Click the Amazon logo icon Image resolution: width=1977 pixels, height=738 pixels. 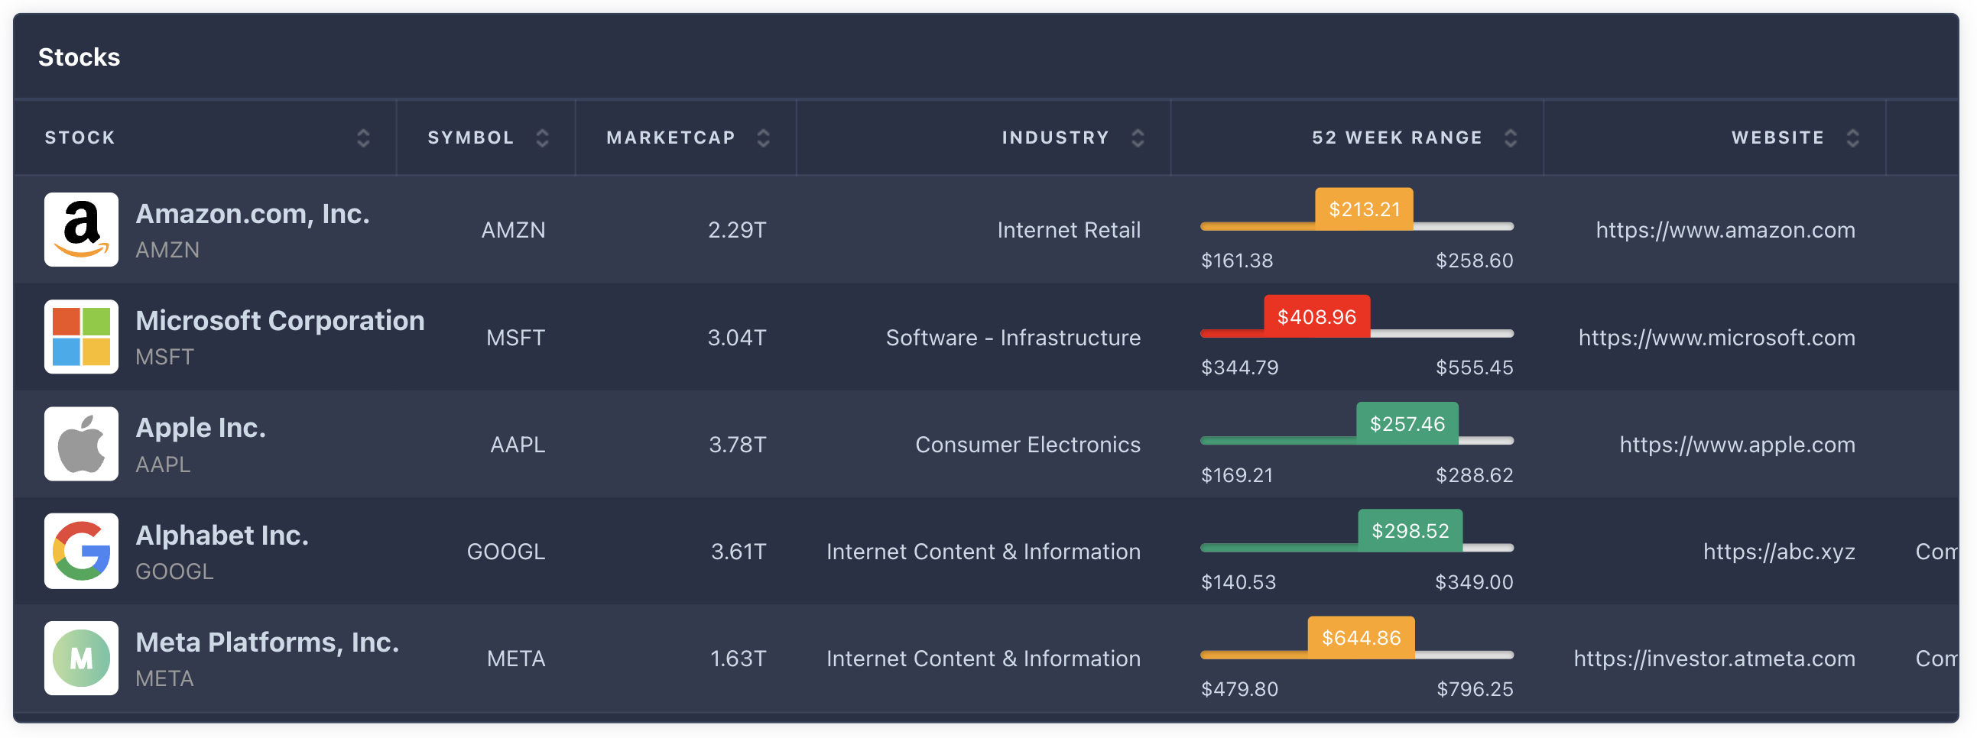(81, 229)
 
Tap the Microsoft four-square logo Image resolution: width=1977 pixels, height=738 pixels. (81, 337)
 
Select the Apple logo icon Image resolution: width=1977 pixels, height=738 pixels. (81, 443)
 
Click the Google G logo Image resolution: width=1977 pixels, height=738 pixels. (81, 551)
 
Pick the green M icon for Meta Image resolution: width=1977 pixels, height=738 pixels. (81, 659)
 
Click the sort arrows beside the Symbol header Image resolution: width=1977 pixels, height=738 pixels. (542, 138)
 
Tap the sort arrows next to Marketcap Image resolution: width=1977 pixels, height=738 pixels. (763, 138)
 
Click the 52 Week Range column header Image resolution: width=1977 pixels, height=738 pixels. (1396, 138)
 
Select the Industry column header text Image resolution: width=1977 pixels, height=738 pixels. (1055, 138)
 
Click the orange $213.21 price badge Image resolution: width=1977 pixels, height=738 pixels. (1364, 209)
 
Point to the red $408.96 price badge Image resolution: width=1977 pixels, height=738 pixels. (1316, 316)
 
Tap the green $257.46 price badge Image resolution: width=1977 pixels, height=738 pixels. (1407, 423)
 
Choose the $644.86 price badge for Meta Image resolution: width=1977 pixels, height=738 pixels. (1361, 637)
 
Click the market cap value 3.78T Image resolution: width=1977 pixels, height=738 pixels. (737, 444)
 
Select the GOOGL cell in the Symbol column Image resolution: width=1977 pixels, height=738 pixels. (506, 552)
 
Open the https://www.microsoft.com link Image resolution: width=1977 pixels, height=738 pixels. (1716, 338)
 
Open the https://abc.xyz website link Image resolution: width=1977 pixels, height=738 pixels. (1778, 552)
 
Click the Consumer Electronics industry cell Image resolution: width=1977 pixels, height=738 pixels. (1027, 444)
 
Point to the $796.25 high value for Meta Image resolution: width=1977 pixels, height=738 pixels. (1474, 689)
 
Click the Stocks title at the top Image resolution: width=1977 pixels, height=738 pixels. (79, 57)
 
